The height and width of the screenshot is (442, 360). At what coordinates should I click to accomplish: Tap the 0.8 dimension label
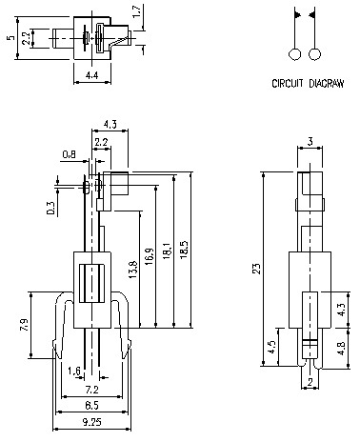point(69,153)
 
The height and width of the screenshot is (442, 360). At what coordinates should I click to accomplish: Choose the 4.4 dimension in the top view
point(91,74)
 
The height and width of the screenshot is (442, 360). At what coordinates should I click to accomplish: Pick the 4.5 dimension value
point(271,346)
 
